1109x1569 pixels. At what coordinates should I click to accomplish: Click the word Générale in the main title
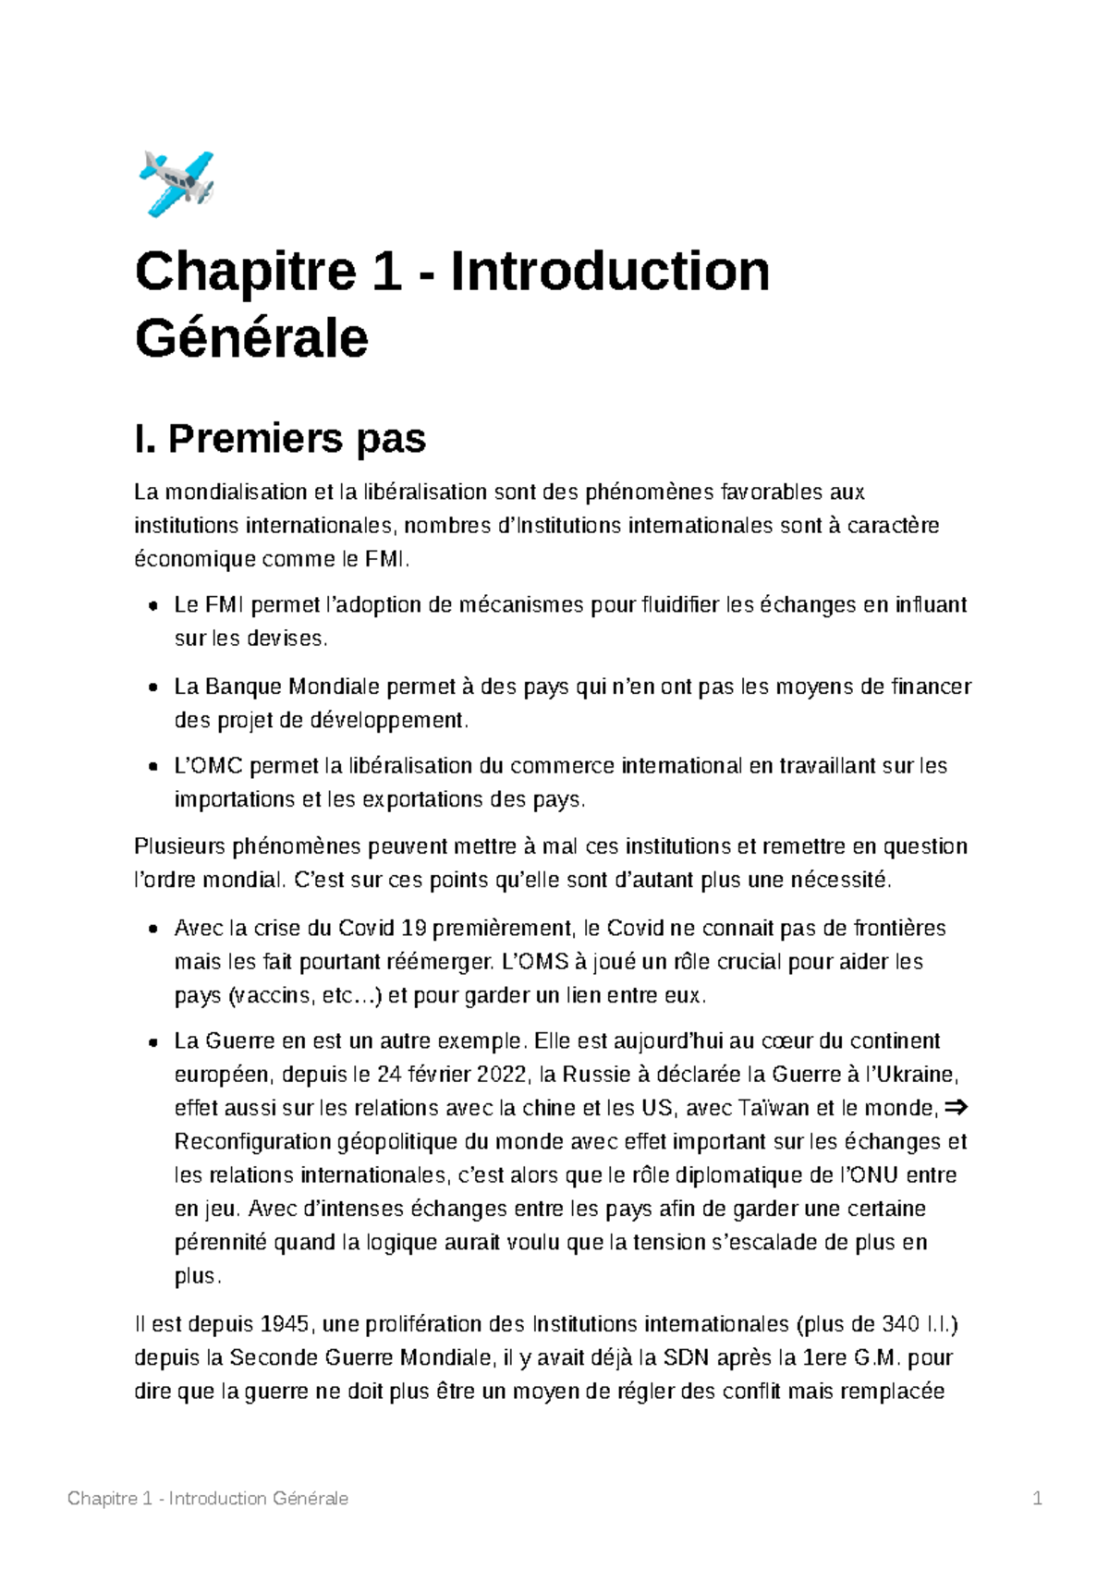pyautogui.click(x=251, y=338)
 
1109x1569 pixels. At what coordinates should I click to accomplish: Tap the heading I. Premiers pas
pyautogui.click(x=280, y=438)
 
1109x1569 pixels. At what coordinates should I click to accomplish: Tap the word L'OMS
pyautogui.click(x=534, y=962)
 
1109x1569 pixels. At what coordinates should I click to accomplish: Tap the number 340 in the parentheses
pyautogui.click(x=900, y=1324)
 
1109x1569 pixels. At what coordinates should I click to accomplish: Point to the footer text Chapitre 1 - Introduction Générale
pyautogui.click(x=208, y=1499)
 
